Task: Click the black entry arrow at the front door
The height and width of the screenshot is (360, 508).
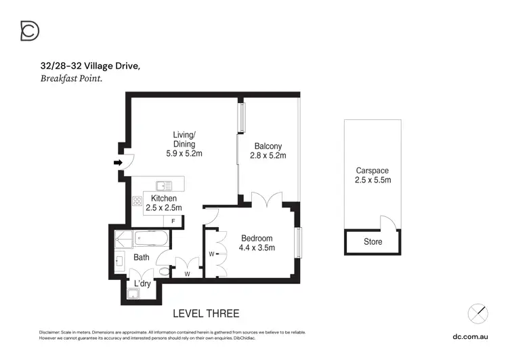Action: [118, 163]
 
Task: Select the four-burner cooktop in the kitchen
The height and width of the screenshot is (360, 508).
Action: [137, 201]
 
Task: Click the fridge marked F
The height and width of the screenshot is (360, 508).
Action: [174, 221]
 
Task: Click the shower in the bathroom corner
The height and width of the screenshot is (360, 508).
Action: [124, 238]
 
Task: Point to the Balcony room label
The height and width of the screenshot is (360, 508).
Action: [268, 146]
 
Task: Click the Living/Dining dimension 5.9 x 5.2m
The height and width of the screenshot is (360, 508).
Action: [184, 154]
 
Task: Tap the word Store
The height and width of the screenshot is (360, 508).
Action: [373, 242]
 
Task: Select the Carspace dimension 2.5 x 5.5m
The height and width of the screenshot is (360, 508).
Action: [373, 180]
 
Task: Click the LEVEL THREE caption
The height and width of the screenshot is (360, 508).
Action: [206, 313]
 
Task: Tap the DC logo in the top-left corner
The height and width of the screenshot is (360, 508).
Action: [29, 31]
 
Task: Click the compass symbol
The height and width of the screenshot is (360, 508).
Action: [478, 313]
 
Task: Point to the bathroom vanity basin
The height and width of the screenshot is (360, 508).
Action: [119, 260]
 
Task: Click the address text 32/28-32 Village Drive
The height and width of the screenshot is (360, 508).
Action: [89, 66]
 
